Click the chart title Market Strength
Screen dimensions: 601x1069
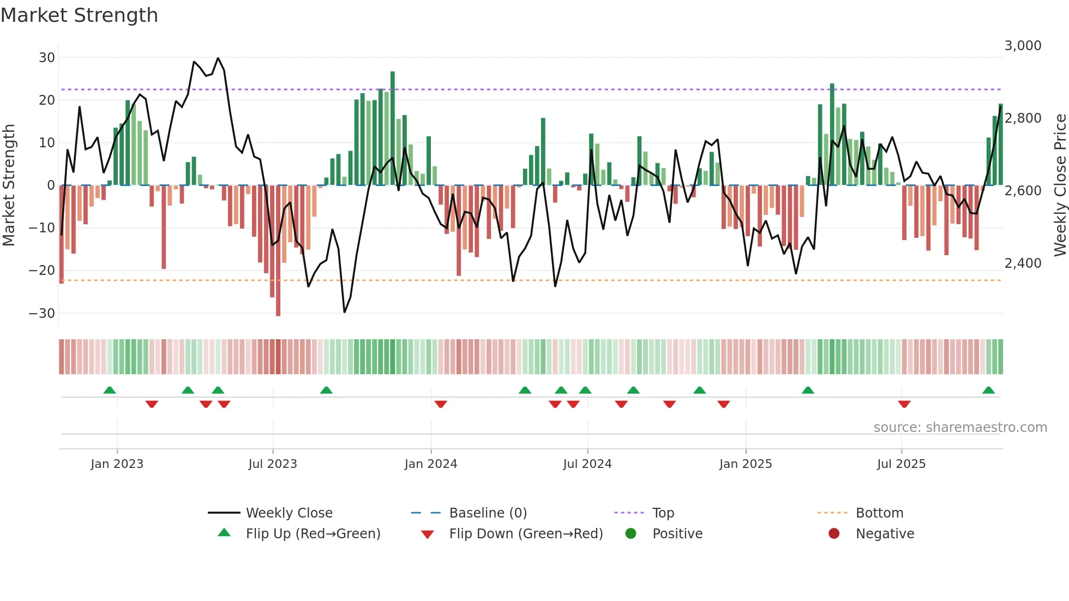pyautogui.click(x=79, y=15)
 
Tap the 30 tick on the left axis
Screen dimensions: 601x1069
pyautogui.click(x=47, y=58)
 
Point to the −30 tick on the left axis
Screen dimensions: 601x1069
pyautogui.click(x=42, y=314)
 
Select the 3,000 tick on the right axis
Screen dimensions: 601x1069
pyautogui.click(x=1023, y=46)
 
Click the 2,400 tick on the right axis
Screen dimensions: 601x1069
pyautogui.click(x=1023, y=263)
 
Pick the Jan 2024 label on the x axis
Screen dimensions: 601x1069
pyautogui.click(x=430, y=464)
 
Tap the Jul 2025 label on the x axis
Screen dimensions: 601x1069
pyautogui.click(x=901, y=464)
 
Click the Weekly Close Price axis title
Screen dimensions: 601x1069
pyautogui.click(x=1060, y=185)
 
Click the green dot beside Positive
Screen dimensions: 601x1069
pyautogui.click(x=631, y=534)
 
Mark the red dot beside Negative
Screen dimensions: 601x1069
pyautogui.click(x=834, y=534)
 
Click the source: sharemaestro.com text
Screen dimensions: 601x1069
pyautogui.click(x=960, y=428)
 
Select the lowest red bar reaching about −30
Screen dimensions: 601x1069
pyautogui.click(x=278, y=251)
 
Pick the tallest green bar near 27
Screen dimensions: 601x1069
pyautogui.click(x=393, y=128)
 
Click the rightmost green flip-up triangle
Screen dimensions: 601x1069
pyautogui.click(x=988, y=390)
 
